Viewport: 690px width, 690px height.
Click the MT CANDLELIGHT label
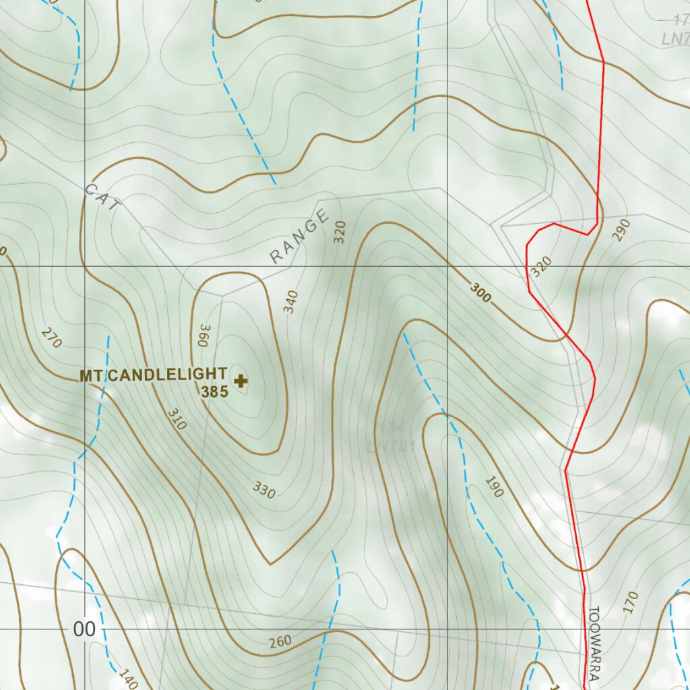pyautogui.click(x=153, y=375)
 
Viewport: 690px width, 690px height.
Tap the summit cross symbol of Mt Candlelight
pyautogui.click(x=241, y=381)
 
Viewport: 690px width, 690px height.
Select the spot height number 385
pyautogui.click(x=214, y=391)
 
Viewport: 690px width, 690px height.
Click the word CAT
pyautogui.click(x=101, y=197)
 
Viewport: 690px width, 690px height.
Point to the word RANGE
pyautogui.click(x=299, y=237)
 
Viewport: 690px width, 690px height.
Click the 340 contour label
pyautogui.click(x=290, y=302)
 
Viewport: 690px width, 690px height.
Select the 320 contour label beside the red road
pyautogui.click(x=541, y=266)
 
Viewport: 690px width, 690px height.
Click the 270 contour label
pyautogui.click(x=51, y=338)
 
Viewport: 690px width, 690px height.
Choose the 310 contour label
pyautogui.click(x=177, y=418)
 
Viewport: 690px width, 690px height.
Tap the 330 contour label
pyautogui.click(x=264, y=490)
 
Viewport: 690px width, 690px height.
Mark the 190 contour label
pyautogui.click(x=494, y=487)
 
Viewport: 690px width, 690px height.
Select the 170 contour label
pyautogui.click(x=630, y=602)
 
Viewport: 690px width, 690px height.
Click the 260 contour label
pyautogui.click(x=281, y=641)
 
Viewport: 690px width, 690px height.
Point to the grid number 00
pyautogui.click(x=84, y=630)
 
